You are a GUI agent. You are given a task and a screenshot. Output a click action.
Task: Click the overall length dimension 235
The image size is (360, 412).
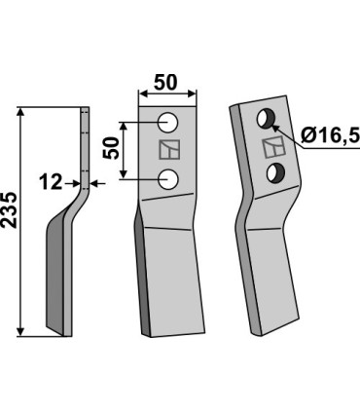[12, 221]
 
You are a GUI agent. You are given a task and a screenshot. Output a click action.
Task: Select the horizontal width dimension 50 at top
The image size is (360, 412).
[168, 80]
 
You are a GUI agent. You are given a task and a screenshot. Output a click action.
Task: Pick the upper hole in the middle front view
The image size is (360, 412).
[168, 124]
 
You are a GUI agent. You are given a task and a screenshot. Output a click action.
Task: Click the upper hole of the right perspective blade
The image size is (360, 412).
[263, 120]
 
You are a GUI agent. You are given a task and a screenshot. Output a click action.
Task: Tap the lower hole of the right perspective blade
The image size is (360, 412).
[277, 173]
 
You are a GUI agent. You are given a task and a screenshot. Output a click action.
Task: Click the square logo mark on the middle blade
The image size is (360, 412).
[168, 151]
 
